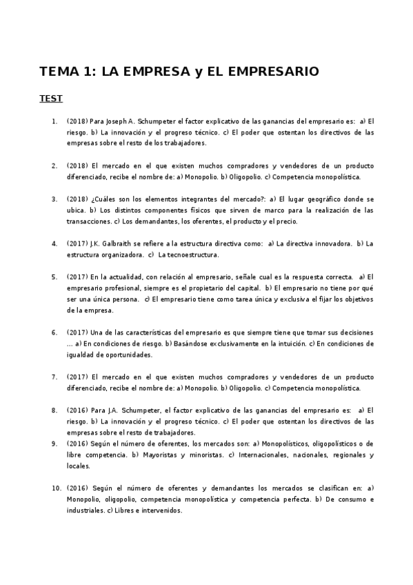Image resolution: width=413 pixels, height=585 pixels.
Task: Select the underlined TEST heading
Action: [51, 99]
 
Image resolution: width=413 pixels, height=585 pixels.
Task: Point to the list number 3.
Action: [54, 199]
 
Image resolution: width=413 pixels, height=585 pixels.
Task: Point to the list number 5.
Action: [54, 277]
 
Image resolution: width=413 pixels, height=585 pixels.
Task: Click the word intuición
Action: [287, 344]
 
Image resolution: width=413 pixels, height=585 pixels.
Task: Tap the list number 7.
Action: [54, 377]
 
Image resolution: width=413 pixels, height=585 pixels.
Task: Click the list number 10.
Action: [57, 488]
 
